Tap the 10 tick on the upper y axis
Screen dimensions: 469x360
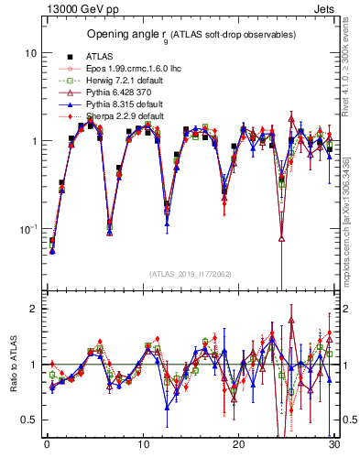click(30, 53)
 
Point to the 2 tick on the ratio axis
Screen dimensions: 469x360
click(33, 309)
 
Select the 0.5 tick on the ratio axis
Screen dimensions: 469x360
click(28, 420)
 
